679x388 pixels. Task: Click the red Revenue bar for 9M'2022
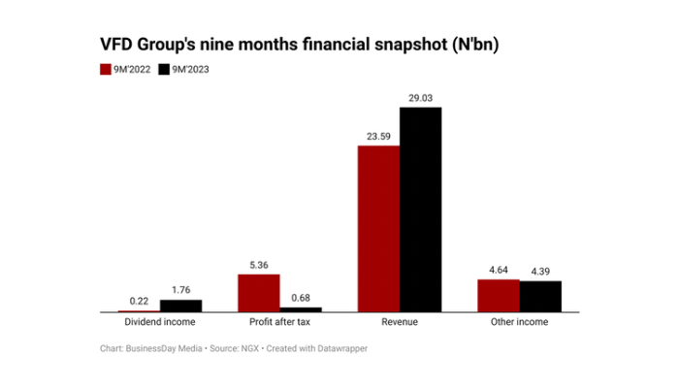[378, 229]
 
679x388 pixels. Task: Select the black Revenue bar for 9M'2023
[420, 210]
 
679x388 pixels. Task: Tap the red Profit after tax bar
[258, 293]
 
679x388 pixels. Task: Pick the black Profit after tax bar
[300, 309]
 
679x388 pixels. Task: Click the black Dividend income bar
[180, 306]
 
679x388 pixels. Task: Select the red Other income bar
[498, 296]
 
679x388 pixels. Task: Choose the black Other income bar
[540, 297]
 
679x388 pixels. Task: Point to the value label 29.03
[420, 97]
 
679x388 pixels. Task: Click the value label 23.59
[378, 136]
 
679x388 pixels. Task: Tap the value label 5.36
[258, 264]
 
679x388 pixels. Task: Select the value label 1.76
[180, 289]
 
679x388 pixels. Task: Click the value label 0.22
[139, 301]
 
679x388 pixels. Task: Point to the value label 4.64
[498, 270]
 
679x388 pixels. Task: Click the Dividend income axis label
[160, 322]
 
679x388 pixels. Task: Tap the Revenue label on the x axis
[399, 322]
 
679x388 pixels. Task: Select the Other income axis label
[519, 322]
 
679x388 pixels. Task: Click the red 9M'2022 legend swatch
[106, 69]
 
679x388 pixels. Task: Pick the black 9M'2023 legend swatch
[165, 69]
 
